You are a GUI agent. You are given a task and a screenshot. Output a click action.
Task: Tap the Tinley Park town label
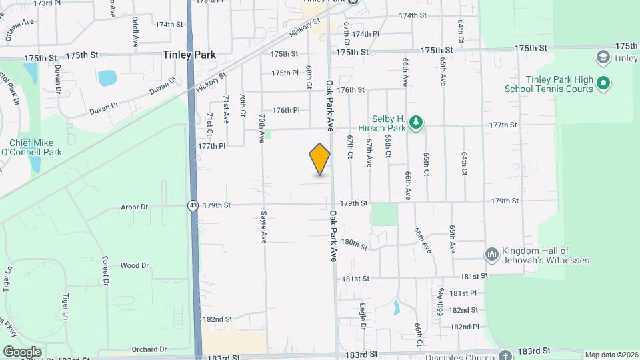point(190,55)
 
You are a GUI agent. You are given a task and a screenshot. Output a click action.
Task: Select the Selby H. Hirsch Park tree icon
point(416,121)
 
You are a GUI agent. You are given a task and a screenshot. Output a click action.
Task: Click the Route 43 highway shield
point(192,205)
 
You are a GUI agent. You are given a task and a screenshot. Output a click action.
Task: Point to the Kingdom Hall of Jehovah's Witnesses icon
point(492,254)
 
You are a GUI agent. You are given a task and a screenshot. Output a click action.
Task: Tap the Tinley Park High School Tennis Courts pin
point(603,83)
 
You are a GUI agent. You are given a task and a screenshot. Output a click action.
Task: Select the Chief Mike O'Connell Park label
point(35,147)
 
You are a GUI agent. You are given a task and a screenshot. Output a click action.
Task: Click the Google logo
point(22,351)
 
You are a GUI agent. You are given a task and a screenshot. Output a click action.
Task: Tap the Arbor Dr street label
point(134,207)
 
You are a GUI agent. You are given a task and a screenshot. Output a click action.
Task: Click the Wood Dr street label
point(134,265)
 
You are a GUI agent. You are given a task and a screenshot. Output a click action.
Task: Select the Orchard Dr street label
point(149,349)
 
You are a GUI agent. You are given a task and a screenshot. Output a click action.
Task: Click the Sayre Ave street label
point(264,227)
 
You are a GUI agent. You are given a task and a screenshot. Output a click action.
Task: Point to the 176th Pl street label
point(285,110)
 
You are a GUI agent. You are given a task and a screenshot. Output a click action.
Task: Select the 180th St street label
point(354,245)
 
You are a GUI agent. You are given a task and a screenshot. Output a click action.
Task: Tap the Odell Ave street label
point(135,31)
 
